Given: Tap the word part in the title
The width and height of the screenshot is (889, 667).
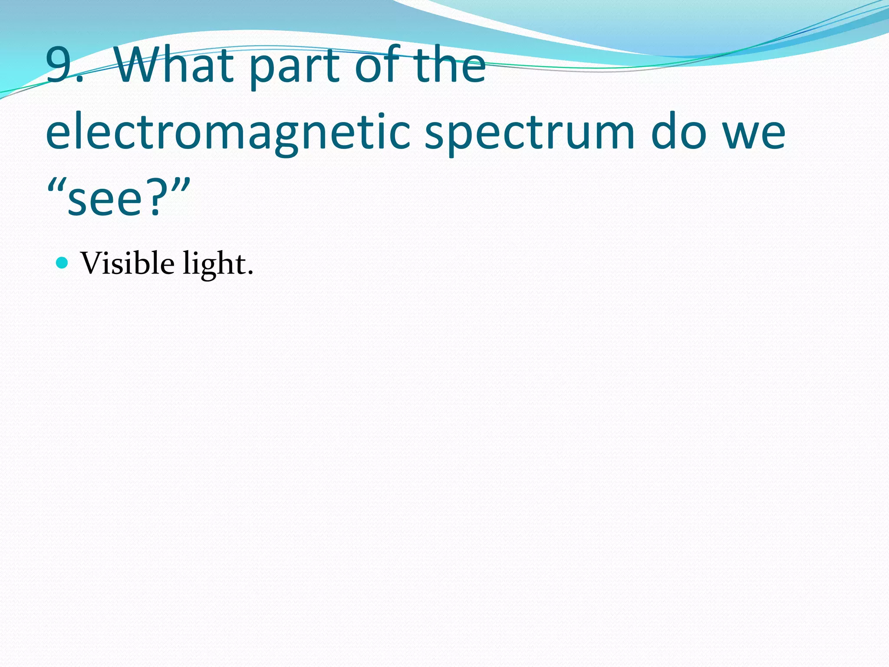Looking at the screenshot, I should pyautogui.click(x=295, y=67).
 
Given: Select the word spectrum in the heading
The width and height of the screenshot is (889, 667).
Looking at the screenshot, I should pyautogui.click(x=529, y=132).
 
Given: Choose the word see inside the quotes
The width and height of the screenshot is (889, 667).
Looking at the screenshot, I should pyautogui.click(x=105, y=200).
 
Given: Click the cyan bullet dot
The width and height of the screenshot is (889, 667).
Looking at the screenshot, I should pyautogui.click(x=63, y=263).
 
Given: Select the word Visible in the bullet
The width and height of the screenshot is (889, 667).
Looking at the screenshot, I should pyautogui.click(x=128, y=263).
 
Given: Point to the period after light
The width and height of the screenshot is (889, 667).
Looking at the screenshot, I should pyautogui.click(x=250, y=273).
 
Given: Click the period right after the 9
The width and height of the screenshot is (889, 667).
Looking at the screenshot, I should pyautogui.click(x=79, y=81).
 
